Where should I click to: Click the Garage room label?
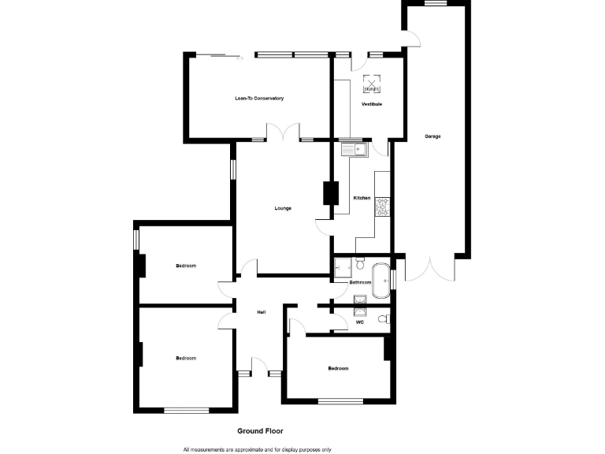pyautogui.click(x=432, y=136)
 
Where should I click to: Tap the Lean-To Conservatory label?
pyautogui.click(x=258, y=99)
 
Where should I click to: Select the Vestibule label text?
pyautogui.click(x=372, y=104)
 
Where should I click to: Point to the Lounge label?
pyautogui.click(x=283, y=208)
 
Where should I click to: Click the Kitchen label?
pyautogui.click(x=362, y=198)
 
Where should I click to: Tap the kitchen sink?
pyautogui.click(x=354, y=148)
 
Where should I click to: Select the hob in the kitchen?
pyautogui.click(x=383, y=207)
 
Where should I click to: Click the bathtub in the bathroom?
pyautogui.click(x=380, y=280)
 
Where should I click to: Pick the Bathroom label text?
pyautogui.click(x=360, y=282)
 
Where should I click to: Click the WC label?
pyautogui.click(x=360, y=322)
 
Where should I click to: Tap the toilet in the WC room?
pyautogui.click(x=383, y=319)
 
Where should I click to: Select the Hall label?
pyautogui.click(x=261, y=313)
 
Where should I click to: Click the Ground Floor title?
pyautogui.click(x=260, y=431)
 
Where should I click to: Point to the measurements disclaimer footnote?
pyautogui.click(x=258, y=449)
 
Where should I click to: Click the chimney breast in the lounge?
pyautogui.click(x=328, y=194)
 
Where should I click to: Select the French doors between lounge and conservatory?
pyautogui.click(x=283, y=132)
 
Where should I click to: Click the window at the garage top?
pyautogui.click(x=436, y=3)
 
